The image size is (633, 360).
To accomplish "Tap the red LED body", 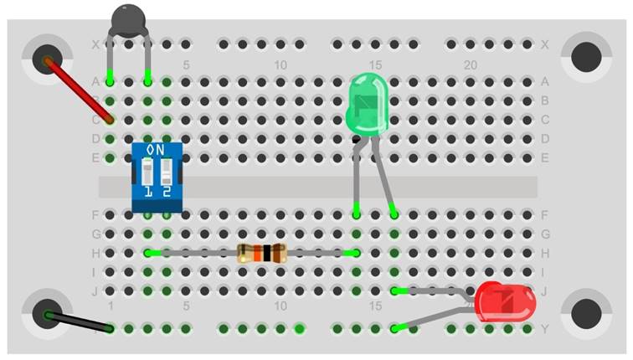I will click(x=505, y=301).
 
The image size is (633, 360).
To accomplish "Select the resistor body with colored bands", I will click(x=262, y=252).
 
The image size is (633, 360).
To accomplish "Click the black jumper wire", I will click(x=80, y=322).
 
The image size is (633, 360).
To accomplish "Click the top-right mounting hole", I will click(x=586, y=58).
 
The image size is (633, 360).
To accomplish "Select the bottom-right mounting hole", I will click(x=586, y=313).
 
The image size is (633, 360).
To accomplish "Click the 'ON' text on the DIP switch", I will click(x=156, y=150).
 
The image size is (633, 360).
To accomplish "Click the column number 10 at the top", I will click(x=280, y=64).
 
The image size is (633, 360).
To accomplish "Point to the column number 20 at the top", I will click(x=471, y=64).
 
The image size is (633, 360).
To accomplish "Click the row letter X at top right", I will click(x=545, y=44).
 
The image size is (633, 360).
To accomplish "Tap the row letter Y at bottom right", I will click(x=545, y=329).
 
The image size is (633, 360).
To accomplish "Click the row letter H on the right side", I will click(x=545, y=253).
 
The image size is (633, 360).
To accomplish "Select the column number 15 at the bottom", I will click(x=375, y=306).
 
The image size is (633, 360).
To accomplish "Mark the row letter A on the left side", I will click(x=95, y=81).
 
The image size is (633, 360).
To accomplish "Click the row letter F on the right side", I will click(x=545, y=214).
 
